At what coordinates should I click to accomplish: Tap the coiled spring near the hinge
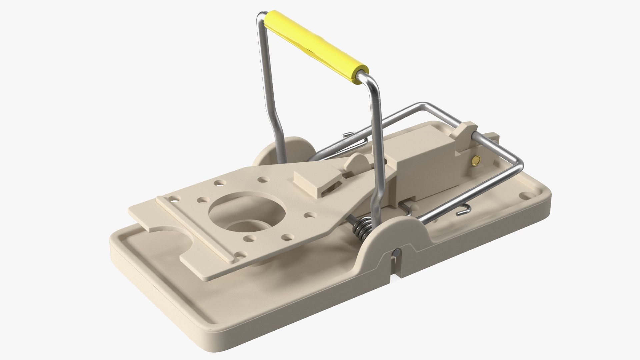tap(362, 228)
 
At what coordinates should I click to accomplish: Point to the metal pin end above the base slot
tap(396, 253)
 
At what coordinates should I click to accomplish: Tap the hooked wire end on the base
tap(463, 210)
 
